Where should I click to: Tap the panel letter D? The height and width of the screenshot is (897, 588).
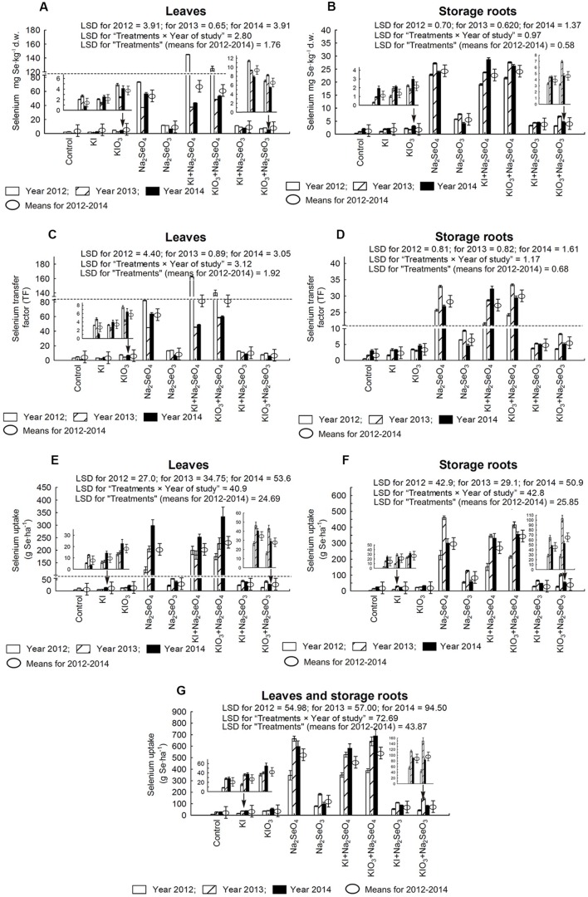click(317, 235)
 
